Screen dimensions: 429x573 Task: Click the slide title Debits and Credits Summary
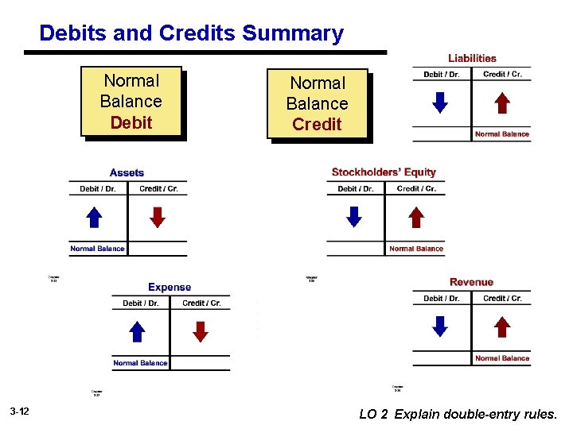point(191,33)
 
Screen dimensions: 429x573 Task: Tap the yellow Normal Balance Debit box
point(131,102)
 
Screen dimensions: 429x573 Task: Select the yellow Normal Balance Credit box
point(317,103)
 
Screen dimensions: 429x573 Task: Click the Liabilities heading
point(472,58)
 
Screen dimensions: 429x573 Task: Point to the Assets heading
point(127,172)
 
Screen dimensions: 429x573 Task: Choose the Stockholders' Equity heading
point(384,172)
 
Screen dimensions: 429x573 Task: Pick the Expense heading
point(170,287)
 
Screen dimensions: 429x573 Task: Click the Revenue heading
point(471,282)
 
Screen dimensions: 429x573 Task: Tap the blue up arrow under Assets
point(94,217)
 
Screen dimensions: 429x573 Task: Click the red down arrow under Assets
point(158,217)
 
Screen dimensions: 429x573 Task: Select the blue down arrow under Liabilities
point(439,102)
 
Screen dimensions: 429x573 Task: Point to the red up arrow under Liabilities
point(501,102)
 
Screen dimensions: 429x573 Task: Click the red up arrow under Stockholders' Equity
point(416,217)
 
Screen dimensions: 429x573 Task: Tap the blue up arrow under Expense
point(137,331)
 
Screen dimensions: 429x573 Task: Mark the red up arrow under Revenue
point(501,327)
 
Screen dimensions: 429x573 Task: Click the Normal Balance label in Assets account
point(97,249)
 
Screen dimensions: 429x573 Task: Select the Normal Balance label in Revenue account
point(501,358)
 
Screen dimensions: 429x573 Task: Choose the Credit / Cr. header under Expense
point(201,303)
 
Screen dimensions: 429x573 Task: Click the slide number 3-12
point(20,412)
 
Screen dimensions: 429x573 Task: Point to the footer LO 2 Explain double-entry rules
point(458,414)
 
